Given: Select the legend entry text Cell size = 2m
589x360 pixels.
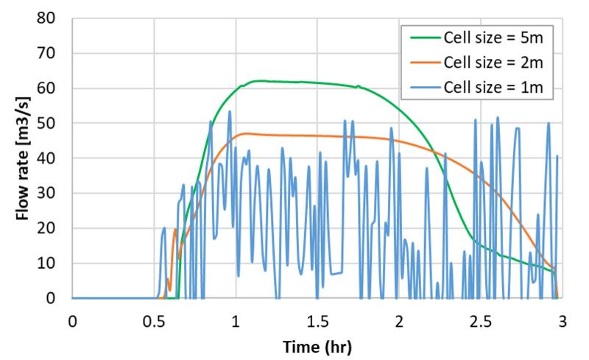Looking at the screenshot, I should (x=493, y=63).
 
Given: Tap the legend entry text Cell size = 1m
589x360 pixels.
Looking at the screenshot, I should (x=493, y=88).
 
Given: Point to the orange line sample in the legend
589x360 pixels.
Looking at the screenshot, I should (x=421, y=63).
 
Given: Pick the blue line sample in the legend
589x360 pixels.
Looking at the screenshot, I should (x=421, y=88).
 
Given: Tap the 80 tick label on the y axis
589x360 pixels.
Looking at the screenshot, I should (x=53, y=18).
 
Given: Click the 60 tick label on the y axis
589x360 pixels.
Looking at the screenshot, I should (x=53, y=88).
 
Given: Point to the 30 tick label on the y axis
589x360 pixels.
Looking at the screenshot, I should (x=53, y=193).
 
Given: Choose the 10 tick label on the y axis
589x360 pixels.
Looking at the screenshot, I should (x=53, y=263).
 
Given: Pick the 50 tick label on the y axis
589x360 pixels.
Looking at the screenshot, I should (x=53, y=123).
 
